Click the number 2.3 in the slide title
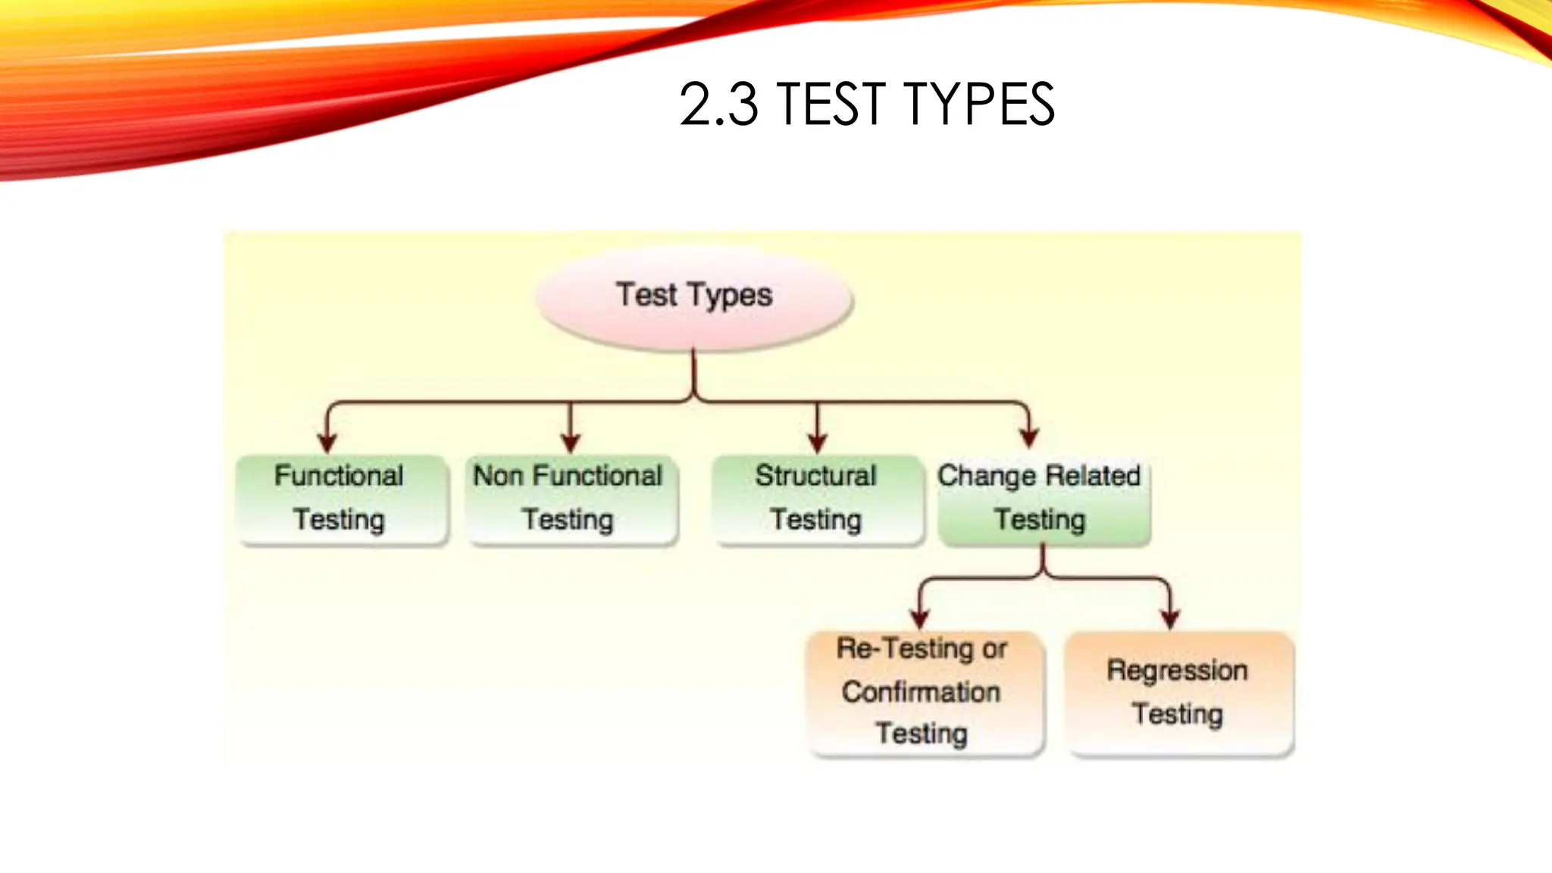click(718, 105)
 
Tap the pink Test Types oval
click(694, 297)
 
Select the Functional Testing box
click(342, 499)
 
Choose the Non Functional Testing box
click(571, 499)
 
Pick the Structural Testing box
click(817, 499)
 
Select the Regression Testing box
click(1179, 693)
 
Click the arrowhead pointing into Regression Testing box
click(1170, 619)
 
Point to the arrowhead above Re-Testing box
click(920, 619)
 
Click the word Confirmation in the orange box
click(921, 692)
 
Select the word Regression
click(1177, 671)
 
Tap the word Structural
click(815, 476)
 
